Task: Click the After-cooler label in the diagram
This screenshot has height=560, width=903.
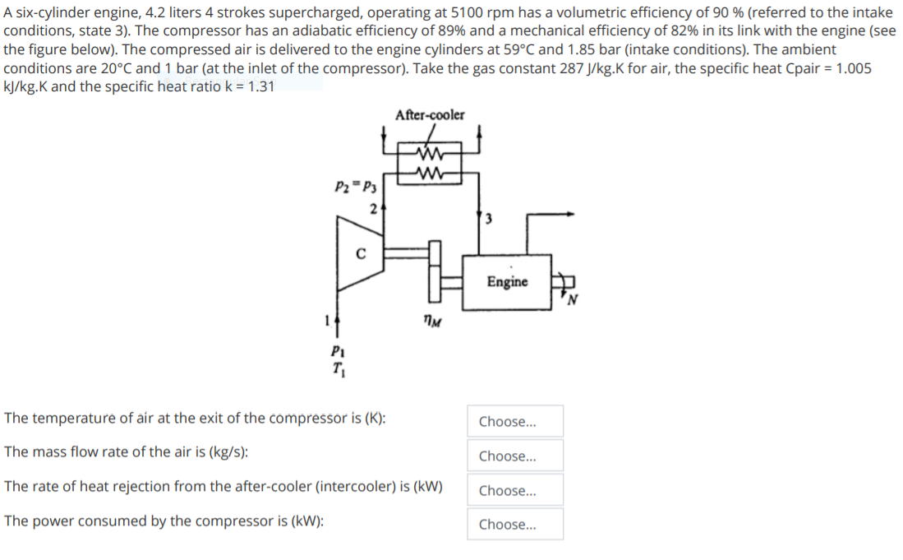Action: (429, 115)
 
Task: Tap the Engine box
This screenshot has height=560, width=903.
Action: (507, 282)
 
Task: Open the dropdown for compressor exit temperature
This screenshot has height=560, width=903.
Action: (515, 421)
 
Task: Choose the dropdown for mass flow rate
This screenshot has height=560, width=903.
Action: (515, 456)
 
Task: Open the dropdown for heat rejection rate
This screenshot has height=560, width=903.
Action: (515, 490)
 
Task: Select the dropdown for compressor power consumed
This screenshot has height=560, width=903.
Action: (515, 524)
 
